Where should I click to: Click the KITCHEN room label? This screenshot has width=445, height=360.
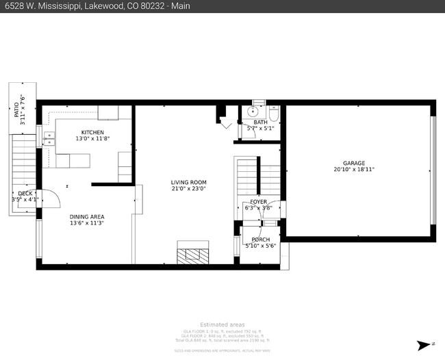(92, 132)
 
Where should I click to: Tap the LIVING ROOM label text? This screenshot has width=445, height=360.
(188, 182)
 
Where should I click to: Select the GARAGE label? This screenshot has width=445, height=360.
(354, 163)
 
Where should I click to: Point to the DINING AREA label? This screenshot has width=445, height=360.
(87, 216)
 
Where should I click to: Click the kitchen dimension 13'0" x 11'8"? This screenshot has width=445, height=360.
(92, 139)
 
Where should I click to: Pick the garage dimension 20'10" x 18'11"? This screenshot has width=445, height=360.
(354, 170)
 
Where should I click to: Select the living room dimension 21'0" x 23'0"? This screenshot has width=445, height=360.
(188, 189)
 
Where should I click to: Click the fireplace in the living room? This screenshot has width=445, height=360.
(190, 253)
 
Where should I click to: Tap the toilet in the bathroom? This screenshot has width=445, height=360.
(275, 114)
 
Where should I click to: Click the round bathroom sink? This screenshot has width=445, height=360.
(257, 112)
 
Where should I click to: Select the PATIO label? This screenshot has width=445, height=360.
(16, 109)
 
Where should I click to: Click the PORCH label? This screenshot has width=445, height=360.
(260, 240)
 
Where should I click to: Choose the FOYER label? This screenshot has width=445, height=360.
(259, 202)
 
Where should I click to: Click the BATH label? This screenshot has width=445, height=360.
(260, 122)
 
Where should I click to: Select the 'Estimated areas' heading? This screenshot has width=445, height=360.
(222, 324)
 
